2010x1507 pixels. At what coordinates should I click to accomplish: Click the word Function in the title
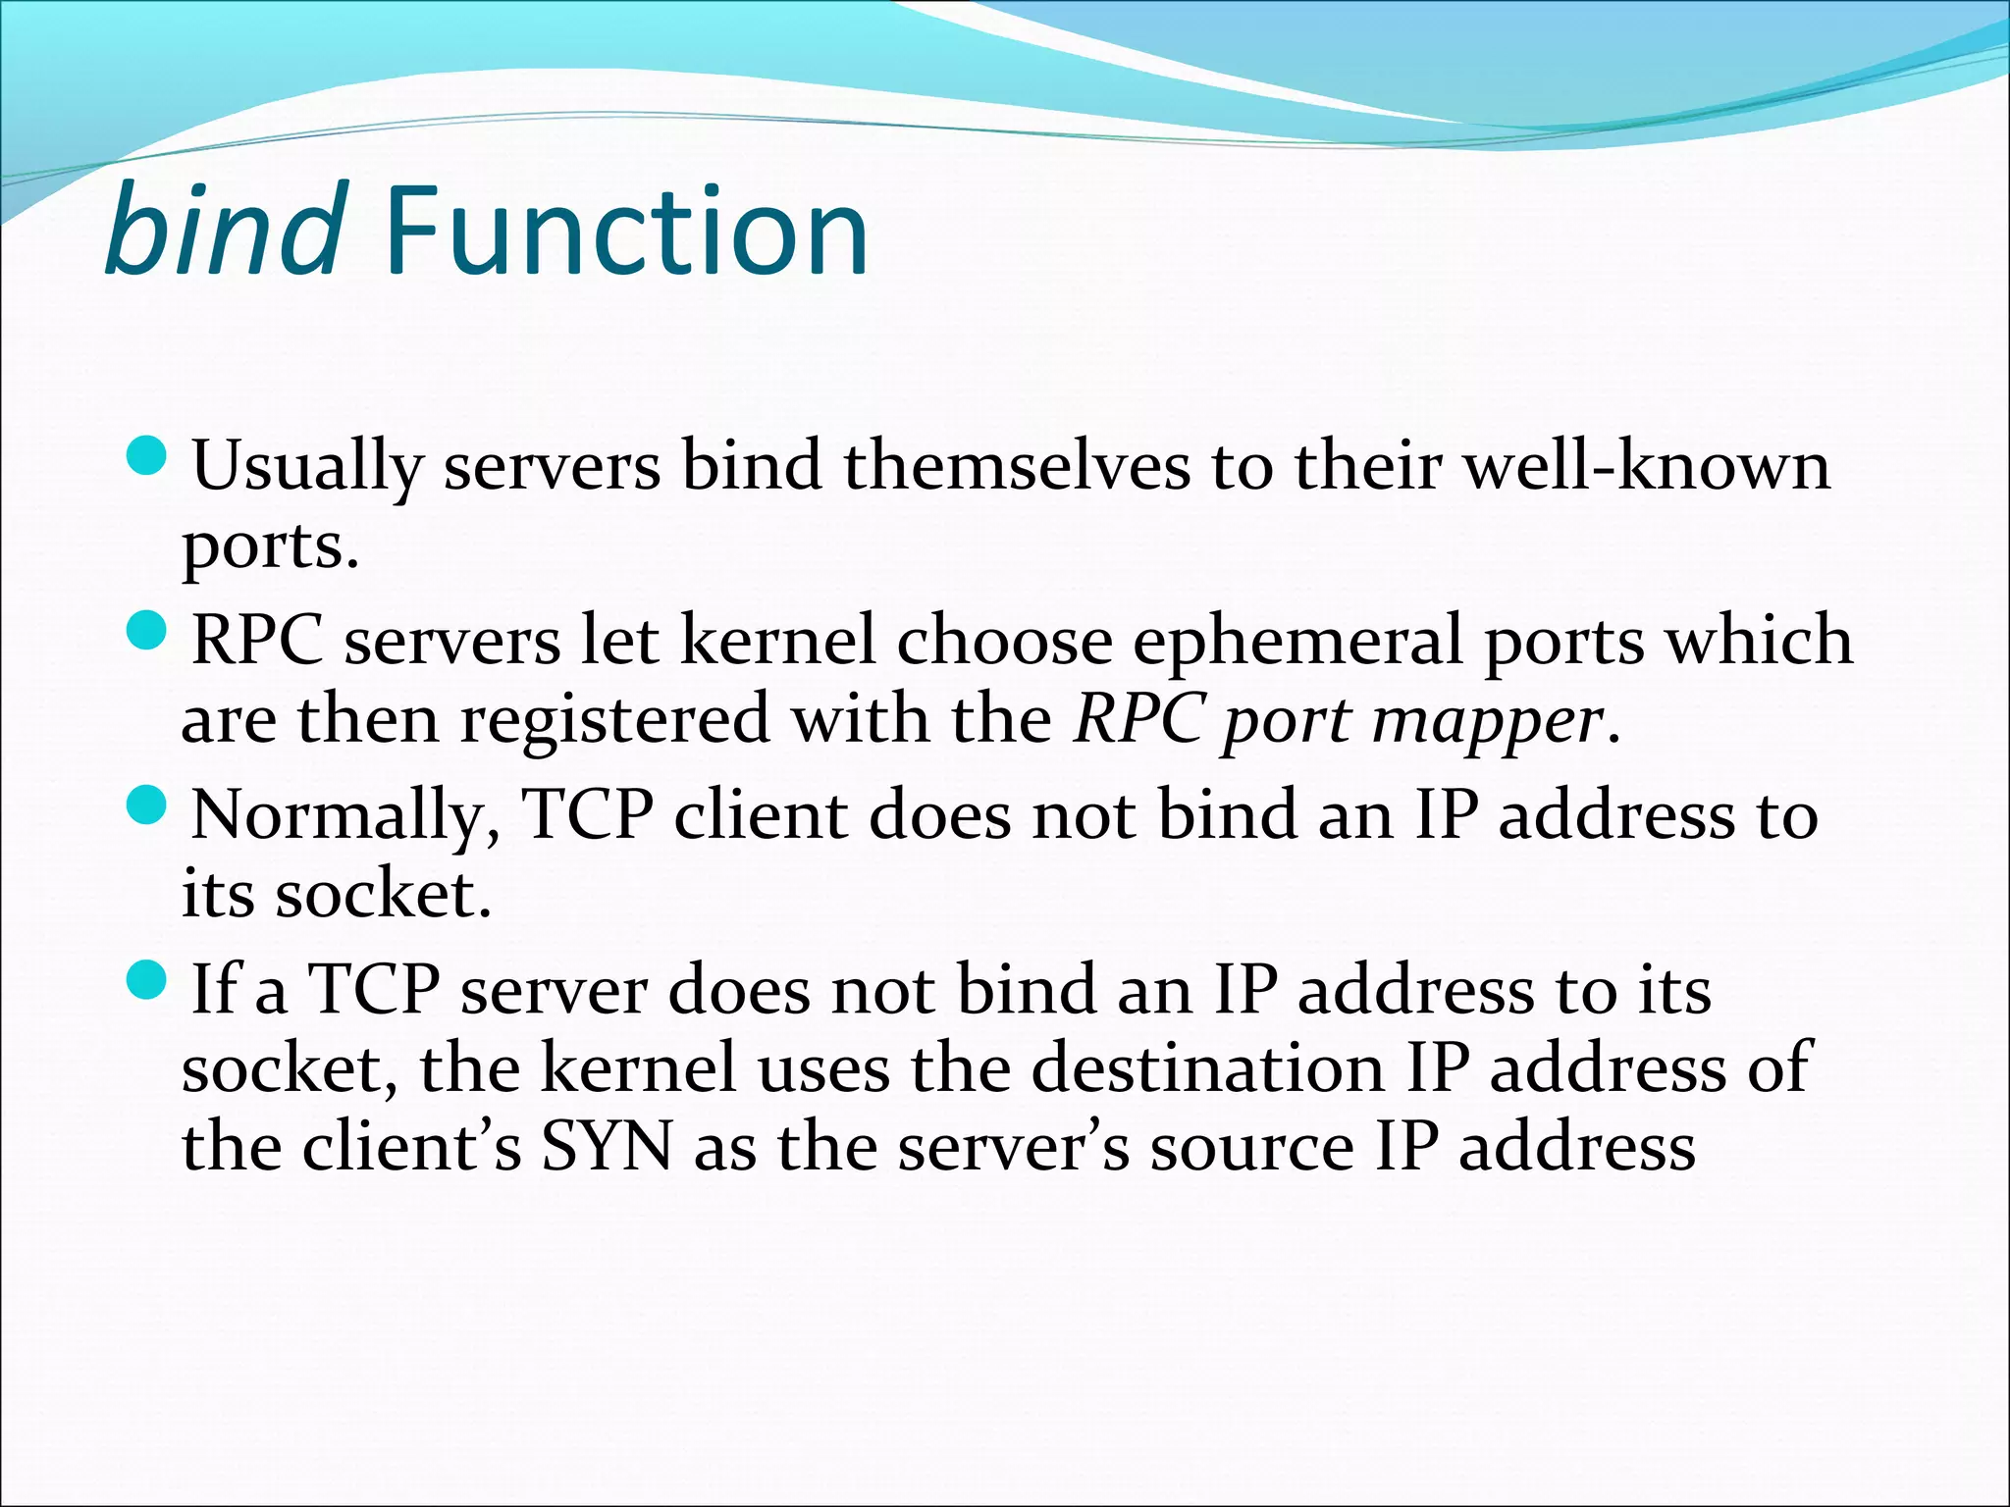click(x=626, y=233)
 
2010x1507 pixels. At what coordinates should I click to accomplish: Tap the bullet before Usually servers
click(x=148, y=457)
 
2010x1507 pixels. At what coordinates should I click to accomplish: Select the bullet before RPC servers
click(x=148, y=632)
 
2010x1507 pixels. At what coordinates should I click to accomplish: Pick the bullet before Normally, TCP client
click(x=148, y=806)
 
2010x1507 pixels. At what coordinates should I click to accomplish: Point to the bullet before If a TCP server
click(x=148, y=980)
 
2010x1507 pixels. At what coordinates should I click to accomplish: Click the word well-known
click(x=1648, y=465)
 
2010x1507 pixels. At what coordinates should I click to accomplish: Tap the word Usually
click(x=307, y=467)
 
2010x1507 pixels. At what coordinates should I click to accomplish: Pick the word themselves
click(x=1016, y=465)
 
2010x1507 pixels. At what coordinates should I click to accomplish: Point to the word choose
click(x=1003, y=640)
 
